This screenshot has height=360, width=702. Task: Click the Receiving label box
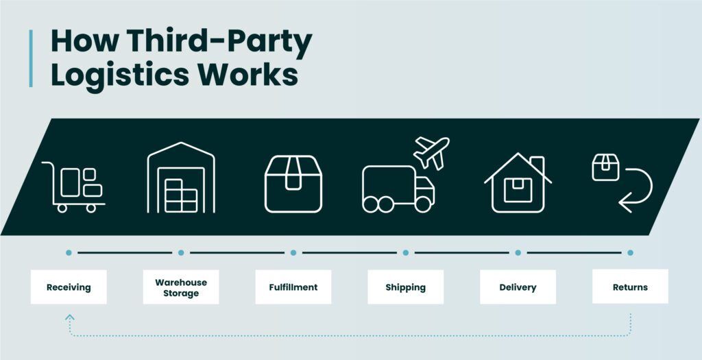pos(69,287)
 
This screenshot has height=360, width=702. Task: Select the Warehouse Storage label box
pos(181,287)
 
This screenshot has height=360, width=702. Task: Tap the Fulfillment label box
pos(293,287)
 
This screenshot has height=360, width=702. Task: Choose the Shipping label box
pos(406,287)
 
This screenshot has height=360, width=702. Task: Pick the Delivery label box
pos(518,287)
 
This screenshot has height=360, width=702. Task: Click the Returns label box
pos(631,287)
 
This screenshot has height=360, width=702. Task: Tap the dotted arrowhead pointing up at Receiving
pos(69,317)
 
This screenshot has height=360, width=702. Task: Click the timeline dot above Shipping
pos(406,252)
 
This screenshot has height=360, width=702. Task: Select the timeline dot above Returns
pos(631,252)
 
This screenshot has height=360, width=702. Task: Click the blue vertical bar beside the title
pos(31,58)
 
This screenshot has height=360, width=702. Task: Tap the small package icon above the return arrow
pos(605,167)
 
